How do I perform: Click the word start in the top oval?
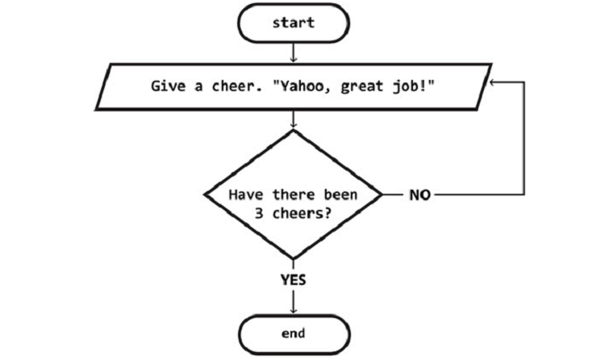pyautogui.click(x=294, y=23)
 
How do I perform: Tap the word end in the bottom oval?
pyautogui.click(x=294, y=333)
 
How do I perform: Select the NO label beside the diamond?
pyautogui.click(x=419, y=195)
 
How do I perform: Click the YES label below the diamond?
pyautogui.click(x=294, y=279)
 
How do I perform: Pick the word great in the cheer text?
pyautogui.click(x=362, y=87)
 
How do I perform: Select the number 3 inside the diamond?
pyautogui.click(x=258, y=213)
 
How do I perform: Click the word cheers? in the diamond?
pyautogui.click(x=302, y=213)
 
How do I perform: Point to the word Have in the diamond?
pyautogui.click(x=245, y=195)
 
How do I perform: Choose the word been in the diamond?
pyautogui.click(x=340, y=195)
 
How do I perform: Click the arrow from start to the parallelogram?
pyautogui.click(x=294, y=52)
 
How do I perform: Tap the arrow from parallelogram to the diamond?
pyautogui.click(x=294, y=119)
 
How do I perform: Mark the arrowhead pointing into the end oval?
pyautogui.click(x=294, y=310)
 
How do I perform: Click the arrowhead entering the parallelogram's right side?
pyautogui.click(x=493, y=82)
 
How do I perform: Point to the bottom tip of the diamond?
pyautogui.click(x=294, y=259)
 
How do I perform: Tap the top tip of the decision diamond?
pyautogui.click(x=294, y=130)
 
